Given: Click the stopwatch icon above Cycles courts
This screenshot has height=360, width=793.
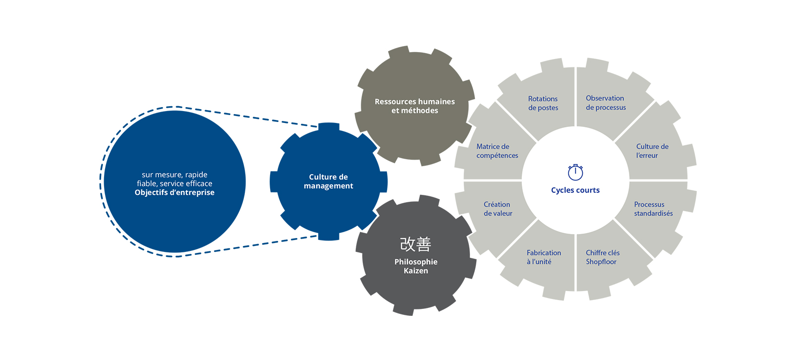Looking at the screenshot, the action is pos(575,172).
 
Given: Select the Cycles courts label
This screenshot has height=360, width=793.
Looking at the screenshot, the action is pos(575,190).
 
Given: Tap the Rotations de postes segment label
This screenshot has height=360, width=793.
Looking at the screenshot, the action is pos(543,103).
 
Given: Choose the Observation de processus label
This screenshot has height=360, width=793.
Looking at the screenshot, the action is pos(606,103).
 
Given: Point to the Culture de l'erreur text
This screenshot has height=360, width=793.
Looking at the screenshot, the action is pos(652,151).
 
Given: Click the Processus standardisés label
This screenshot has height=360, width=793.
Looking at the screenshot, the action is pos(654,209).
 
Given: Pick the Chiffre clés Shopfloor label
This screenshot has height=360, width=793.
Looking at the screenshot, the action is pos(603,257).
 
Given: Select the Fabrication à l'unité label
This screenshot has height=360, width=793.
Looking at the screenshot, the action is pos(544,257).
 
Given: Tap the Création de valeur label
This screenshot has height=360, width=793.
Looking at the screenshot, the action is pos(498,209).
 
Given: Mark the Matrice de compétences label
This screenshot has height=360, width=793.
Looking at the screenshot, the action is pos(497,151).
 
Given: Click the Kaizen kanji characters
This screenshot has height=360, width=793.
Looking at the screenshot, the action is pos(416,244).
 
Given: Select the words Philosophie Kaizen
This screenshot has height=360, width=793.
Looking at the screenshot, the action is pos(416,266).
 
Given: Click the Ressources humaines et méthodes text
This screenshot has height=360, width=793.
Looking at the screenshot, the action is pos(415,106).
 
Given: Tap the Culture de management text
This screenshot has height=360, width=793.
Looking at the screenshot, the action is pos(329,181).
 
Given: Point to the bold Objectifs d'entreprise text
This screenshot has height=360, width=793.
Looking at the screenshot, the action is pos(174,192).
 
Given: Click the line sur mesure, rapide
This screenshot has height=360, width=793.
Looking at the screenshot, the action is pos(174,175).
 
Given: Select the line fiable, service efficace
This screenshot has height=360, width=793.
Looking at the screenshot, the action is pos(174,183).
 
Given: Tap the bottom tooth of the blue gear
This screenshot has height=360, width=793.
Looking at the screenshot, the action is pos(329,237).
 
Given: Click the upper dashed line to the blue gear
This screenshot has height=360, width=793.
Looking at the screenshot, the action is pos(247,117).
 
